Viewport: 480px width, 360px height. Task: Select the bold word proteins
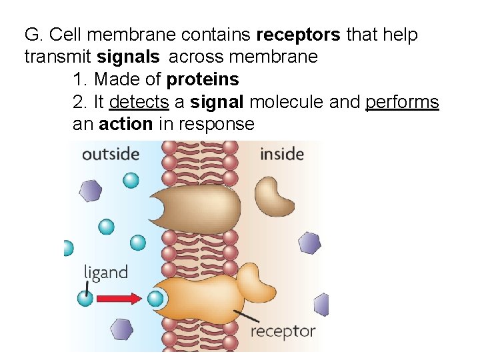click(x=203, y=79)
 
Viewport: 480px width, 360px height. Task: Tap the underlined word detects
click(x=139, y=102)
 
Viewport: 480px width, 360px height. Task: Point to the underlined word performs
click(x=402, y=102)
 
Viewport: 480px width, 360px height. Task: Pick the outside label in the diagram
click(x=110, y=154)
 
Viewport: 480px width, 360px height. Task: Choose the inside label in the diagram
click(x=281, y=155)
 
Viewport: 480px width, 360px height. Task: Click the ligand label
click(x=105, y=272)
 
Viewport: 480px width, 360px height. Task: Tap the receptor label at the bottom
click(x=282, y=331)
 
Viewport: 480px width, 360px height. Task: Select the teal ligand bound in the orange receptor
click(x=155, y=297)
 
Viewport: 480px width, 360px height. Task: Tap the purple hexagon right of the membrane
click(x=309, y=243)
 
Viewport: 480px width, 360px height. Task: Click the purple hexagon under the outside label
click(x=91, y=191)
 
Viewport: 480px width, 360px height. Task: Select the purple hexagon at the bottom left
click(x=121, y=329)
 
